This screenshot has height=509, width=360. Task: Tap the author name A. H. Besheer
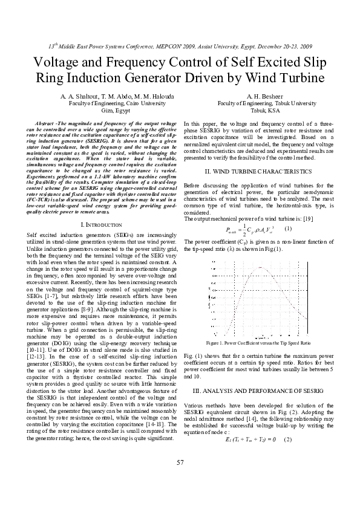coord(258,97)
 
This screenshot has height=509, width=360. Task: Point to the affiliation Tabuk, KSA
coord(258,111)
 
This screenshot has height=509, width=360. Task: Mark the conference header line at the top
coord(180,46)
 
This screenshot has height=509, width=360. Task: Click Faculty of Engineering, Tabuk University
coord(258,104)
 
